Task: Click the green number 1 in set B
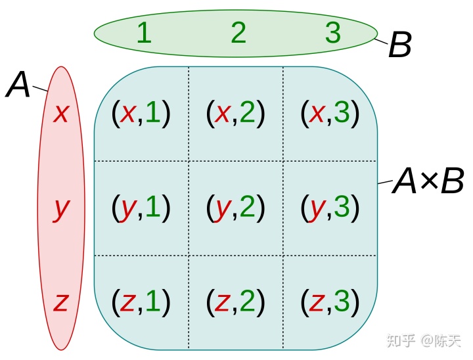point(144,32)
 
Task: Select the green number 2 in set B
point(238,32)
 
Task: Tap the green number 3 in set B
point(333,32)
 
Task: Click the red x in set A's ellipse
point(61,114)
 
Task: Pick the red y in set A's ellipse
point(61,209)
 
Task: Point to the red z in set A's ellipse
point(61,302)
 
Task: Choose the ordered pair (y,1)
point(141,208)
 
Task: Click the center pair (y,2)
point(236,208)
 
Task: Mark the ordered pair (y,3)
point(330,208)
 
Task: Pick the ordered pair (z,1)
point(141,302)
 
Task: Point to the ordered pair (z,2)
point(236,302)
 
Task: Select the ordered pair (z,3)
point(330,302)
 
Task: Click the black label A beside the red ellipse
point(18,85)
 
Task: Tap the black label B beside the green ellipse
point(400,46)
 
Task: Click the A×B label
point(428,181)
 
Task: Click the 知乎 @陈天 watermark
point(424,340)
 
